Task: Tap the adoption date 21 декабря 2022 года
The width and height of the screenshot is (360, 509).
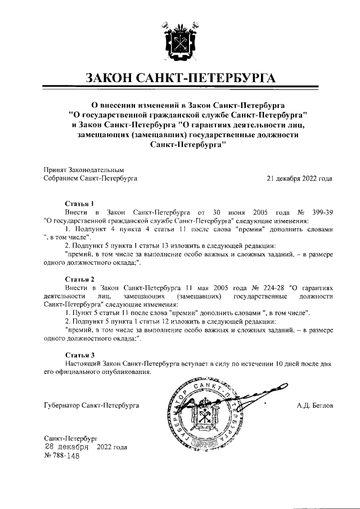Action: pos(299,178)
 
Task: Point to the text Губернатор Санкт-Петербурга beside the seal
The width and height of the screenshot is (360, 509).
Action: pos(91,405)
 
